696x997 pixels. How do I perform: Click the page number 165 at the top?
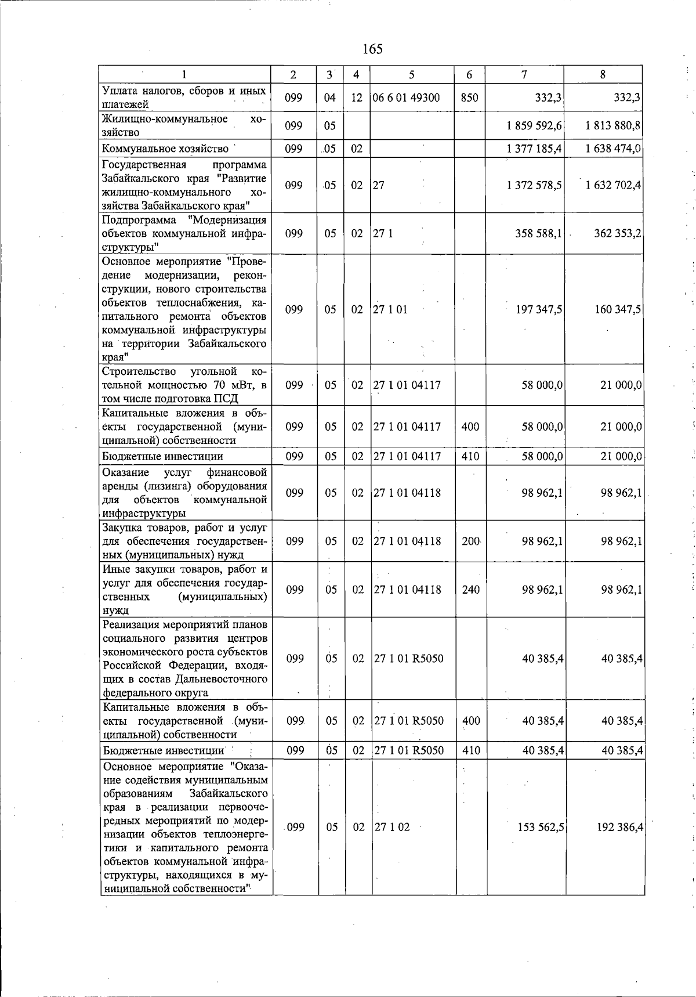[x=372, y=49]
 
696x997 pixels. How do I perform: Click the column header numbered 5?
[x=412, y=74]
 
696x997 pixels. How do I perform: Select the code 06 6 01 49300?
[x=406, y=97]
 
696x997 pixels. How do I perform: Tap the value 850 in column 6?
[x=469, y=97]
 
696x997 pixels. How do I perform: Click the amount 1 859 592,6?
[x=534, y=125]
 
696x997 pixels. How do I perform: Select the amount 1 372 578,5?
[x=534, y=185]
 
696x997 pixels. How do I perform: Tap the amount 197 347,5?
[x=539, y=309]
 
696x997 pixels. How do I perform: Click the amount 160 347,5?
[x=618, y=309]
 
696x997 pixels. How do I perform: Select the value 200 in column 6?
[x=470, y=541]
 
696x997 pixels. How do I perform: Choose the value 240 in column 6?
[x=470, y=590]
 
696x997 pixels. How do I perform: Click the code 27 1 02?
[x=391, y=827]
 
